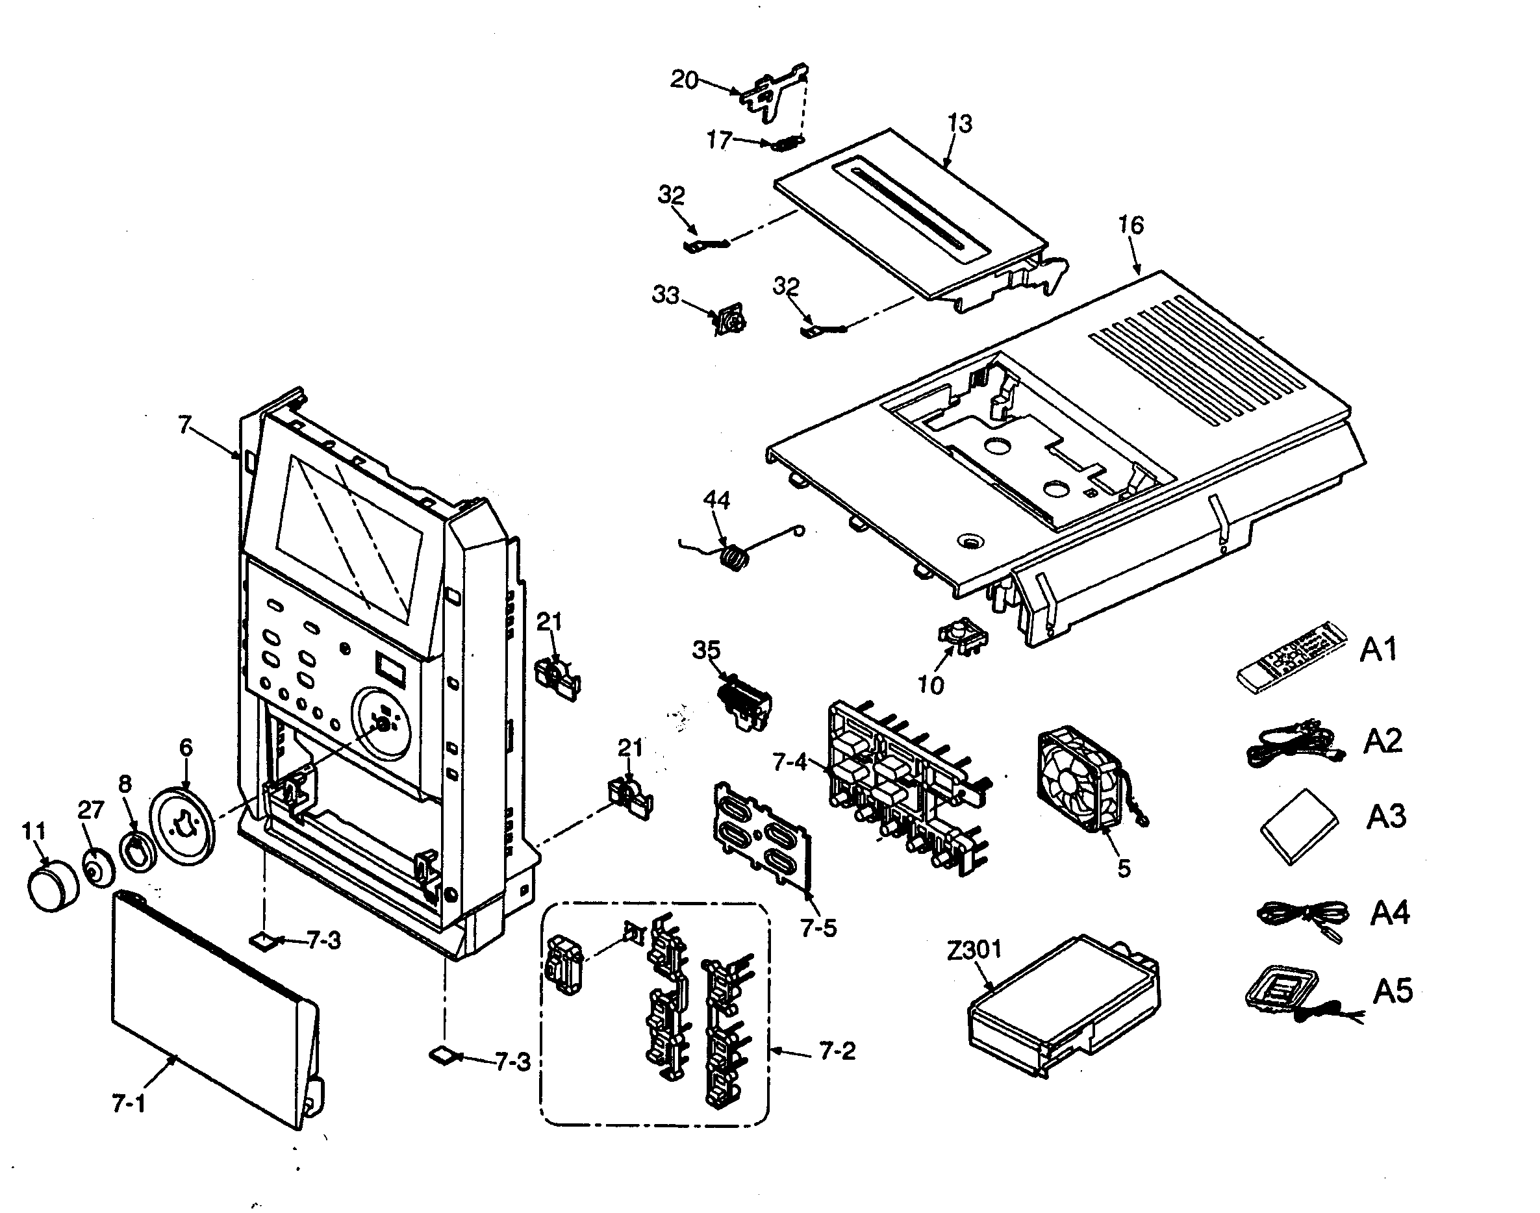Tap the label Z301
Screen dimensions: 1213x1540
(974, 949)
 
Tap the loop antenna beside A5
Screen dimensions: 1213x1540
(1281, 992)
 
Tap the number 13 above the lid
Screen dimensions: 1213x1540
(960, 123)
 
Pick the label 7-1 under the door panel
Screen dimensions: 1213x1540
(129, 1103)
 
